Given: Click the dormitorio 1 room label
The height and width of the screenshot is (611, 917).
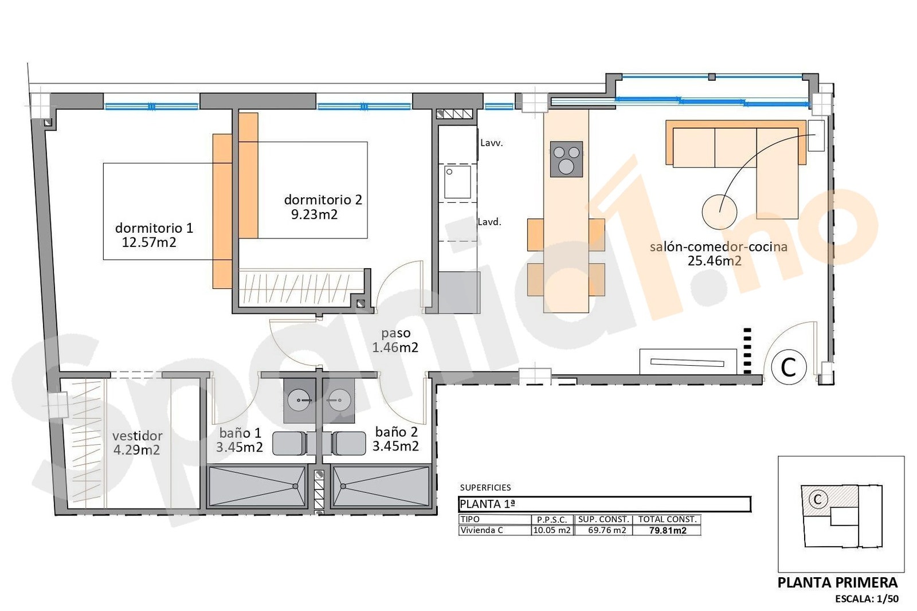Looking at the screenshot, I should click(x=154, y=228).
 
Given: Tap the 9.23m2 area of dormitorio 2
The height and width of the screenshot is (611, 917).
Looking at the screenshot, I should click(x=314, y=214).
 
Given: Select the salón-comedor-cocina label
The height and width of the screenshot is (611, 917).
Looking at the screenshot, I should click(x=718, y=246).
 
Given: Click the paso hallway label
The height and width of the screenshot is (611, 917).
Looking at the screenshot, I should click(x=395, y=333).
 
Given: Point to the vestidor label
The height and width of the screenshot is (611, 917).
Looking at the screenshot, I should click(x=137, y=436).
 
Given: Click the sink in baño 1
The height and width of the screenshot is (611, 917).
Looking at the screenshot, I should click(x=299, y=399).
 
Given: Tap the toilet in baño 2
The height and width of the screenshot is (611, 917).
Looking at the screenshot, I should click(x=348, y=443).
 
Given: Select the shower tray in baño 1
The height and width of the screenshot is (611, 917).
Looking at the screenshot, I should click(x=257, y=487).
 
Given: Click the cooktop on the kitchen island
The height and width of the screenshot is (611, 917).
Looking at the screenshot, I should click(x=566, y=159).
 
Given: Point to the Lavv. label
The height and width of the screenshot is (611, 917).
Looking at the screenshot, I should click(x=491, y=143).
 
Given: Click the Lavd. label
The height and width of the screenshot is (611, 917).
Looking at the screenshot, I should click(x=489, y=222).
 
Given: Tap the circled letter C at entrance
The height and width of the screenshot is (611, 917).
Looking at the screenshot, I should click(x=789, y=367).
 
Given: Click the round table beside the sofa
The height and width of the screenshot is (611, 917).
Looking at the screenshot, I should click(x=719, y=211).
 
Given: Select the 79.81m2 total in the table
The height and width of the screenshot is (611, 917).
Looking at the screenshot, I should click(x=667, y=530).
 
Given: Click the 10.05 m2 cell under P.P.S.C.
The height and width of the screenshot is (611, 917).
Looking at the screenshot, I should click(x=551, y=530).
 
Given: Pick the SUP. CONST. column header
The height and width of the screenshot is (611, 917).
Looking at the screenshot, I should click(x=603, y=519).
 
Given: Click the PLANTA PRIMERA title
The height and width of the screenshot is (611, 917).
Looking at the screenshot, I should click(x=837, y=582).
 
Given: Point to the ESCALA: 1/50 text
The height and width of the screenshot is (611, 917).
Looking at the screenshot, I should click(x=867, y=599).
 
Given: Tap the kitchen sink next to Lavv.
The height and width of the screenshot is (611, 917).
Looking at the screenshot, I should click(x=457, y=182).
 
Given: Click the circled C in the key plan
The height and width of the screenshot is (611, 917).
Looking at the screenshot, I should click(x=817, y=499).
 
